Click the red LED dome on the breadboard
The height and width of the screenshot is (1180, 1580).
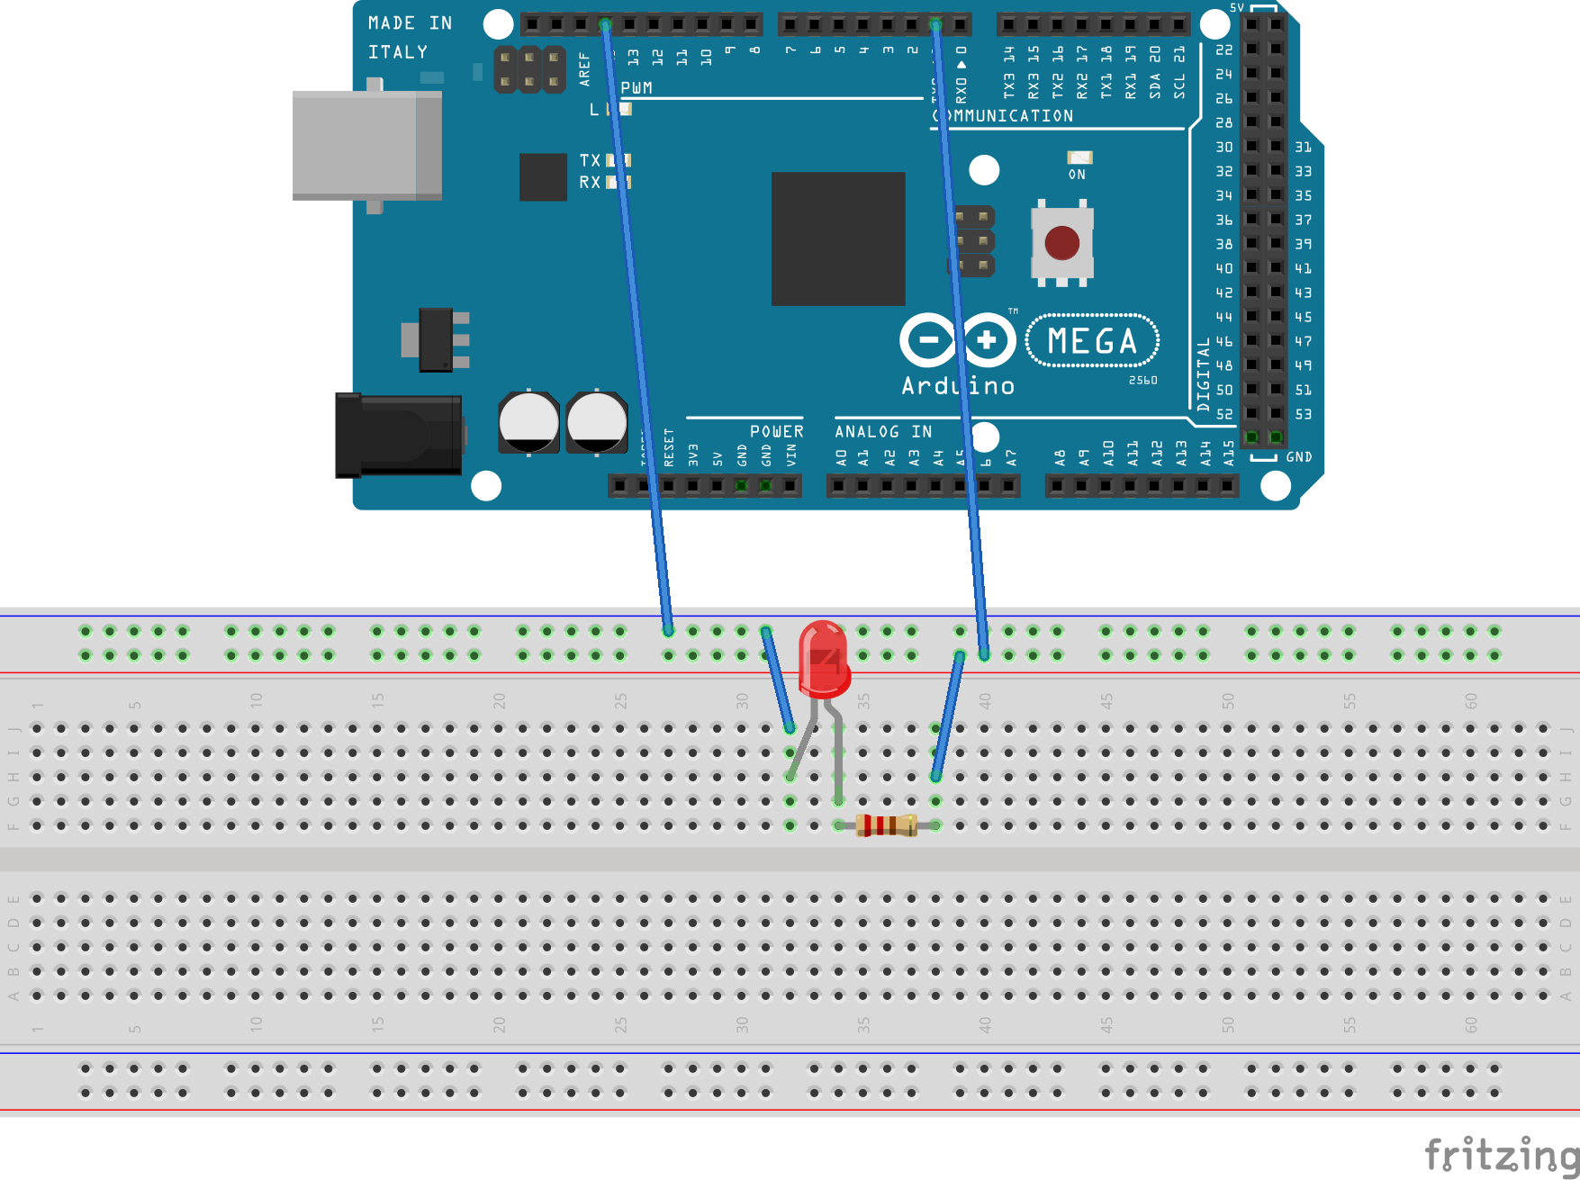[824, 658]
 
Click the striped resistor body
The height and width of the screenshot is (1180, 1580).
[887, 824]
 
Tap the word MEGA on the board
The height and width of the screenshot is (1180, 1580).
[1092, 341]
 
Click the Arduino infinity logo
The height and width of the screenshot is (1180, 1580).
[958, 340]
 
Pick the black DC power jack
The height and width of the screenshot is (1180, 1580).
[398, 435]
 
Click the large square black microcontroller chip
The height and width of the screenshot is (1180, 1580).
[838, 239]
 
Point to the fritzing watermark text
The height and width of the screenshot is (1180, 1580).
[1501, 1154]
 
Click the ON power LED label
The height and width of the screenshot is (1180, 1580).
[1077, 175]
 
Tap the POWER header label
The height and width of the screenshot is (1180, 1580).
[776, 432]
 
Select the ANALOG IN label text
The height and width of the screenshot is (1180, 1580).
[883, 432]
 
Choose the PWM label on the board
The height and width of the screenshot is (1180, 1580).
[637, 88]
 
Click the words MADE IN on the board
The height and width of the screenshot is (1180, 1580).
[410, 23]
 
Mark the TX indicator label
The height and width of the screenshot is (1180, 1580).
[590, 160]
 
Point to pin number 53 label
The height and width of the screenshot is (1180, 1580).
[1303, 414]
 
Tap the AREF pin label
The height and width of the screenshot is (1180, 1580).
[584, 69]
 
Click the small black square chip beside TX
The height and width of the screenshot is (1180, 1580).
[543, 176]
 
